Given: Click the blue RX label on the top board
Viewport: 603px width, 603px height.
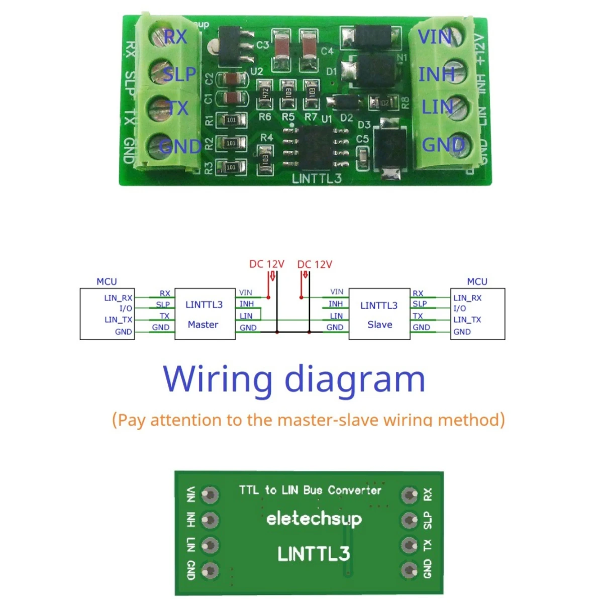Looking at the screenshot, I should click(175, 37).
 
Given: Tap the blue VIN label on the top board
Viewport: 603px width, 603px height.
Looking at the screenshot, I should click(435, 37).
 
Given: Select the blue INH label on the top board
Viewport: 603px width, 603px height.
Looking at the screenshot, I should click(436, 74).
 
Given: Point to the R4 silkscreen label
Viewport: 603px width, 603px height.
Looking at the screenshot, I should click(266, 137).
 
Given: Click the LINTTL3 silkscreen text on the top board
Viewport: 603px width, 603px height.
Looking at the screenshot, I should click(317, 178).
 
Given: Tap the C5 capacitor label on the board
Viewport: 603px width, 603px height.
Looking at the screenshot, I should click(362, 139).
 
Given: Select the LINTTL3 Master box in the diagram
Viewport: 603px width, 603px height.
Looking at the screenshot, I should click(205, 314).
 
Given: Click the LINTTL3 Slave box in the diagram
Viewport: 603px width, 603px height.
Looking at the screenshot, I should click(379, 314).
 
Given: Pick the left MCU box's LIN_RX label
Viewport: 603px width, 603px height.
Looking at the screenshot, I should click(118, 298).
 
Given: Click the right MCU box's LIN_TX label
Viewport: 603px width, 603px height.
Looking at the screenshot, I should click(467, 320).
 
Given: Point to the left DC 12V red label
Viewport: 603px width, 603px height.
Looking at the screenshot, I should click(266, 264).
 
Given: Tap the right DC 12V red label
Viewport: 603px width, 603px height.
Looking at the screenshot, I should click(315, 264).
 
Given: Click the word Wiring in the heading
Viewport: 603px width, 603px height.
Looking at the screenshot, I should click(218, 379).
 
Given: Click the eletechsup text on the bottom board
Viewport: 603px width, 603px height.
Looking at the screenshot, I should click(314, 518).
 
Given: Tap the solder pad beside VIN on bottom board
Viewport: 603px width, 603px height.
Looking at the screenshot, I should click(210, 495).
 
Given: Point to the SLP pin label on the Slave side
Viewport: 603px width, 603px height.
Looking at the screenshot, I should click(420, 304).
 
